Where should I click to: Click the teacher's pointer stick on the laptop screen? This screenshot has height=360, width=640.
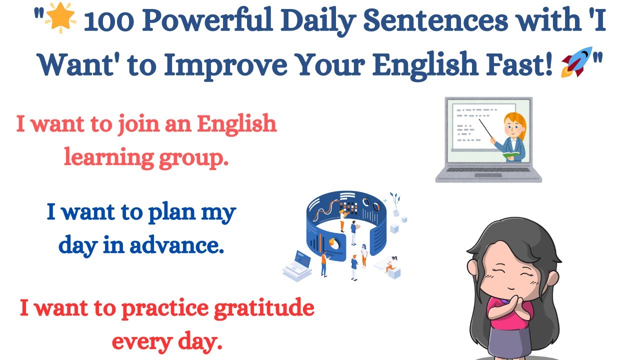pyautogui.click(x=487, y=130)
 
